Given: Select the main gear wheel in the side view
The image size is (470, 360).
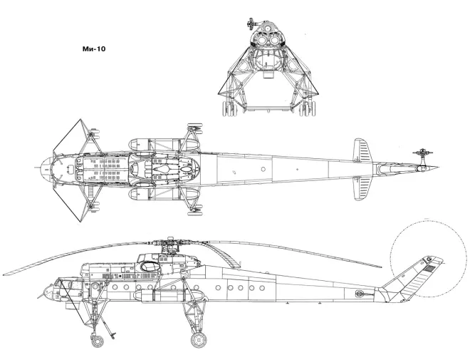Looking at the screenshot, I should tap(198, 340).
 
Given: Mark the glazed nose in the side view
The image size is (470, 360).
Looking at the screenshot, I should tap(48, 291).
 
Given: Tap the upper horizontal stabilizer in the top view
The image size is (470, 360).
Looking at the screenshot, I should tap(362, 151).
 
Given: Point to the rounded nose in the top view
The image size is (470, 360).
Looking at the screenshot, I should tap(44, 170).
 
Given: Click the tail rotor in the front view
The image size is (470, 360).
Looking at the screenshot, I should tap(250, 24).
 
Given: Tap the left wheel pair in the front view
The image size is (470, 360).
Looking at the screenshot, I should tap(229, 108).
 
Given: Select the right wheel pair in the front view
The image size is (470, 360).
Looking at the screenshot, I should tap(310, 108).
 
